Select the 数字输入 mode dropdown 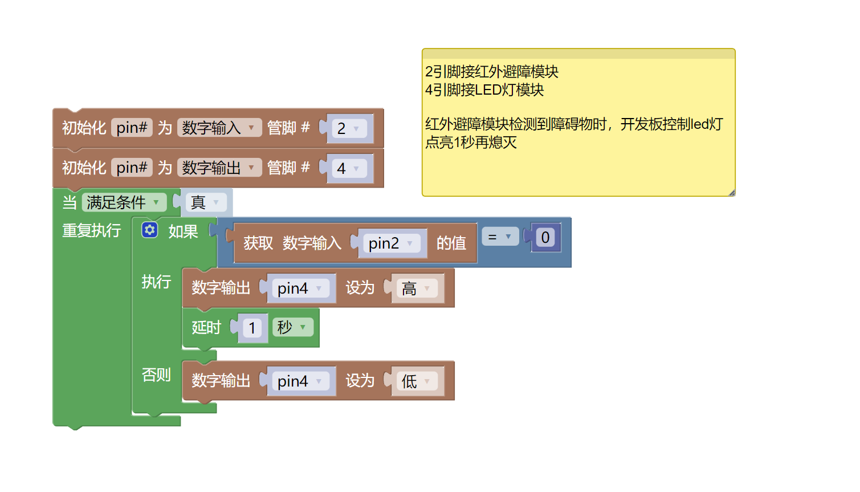point(219,128)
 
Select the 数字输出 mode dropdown point(219,168)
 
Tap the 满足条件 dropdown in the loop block point(124,202)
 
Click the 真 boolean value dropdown point(206,202)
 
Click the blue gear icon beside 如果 point(150,230)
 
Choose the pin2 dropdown point(392,243)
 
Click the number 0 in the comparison point(545,237)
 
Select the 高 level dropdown point(417,288)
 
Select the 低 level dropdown point(417,381)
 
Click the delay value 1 point(252,328)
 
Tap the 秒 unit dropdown point(293,327)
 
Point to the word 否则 point(156,375)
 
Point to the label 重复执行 point(91,230)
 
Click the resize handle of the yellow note point(731,193)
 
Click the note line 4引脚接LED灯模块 point(484,90)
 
